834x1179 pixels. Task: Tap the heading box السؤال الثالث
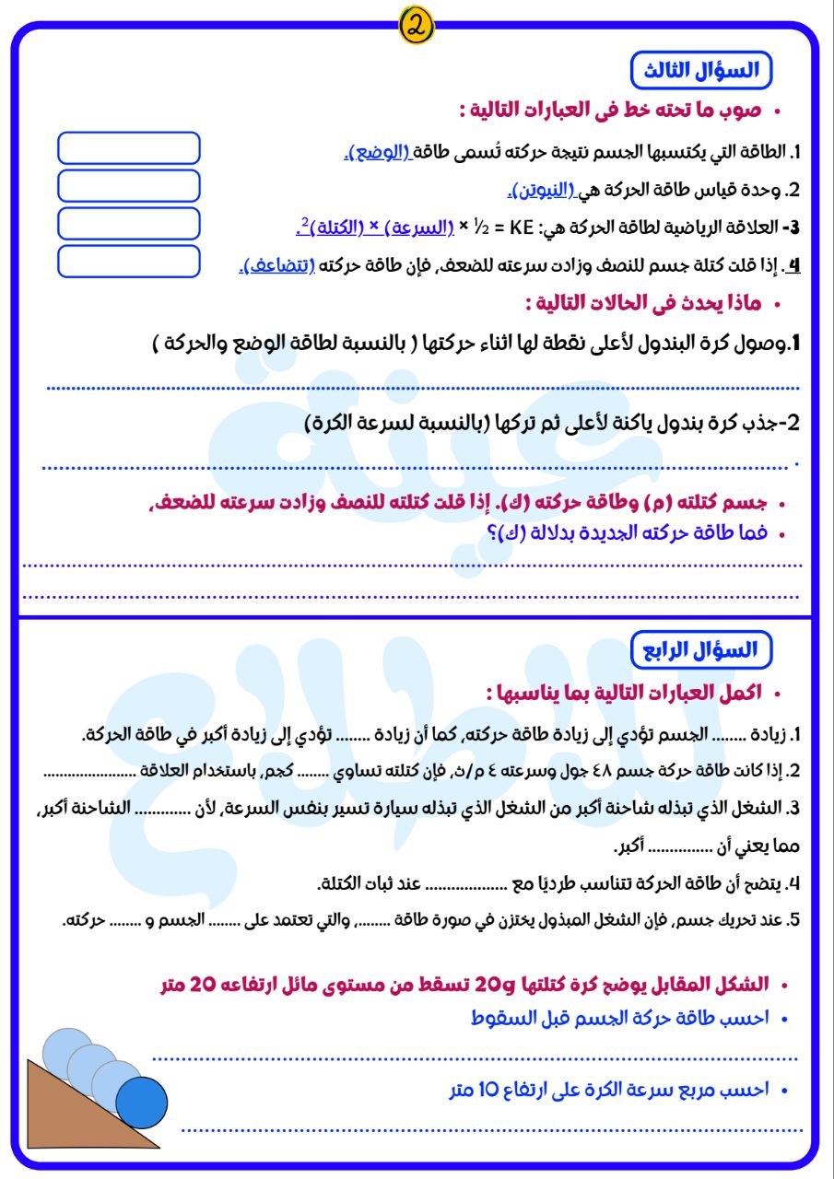pyautogui.click(x=700, y=71)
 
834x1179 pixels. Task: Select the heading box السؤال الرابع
pyautogui.click(x=700, y=648)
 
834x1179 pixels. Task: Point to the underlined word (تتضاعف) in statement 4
pyautogui.click(x=278, y=266)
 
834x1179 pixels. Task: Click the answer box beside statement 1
pyautogui.click(x=129, y=148)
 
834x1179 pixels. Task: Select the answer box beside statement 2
pyautogui.click(x=129, y=186)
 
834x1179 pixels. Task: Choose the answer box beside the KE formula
pyautogui.click(x=129, y=224)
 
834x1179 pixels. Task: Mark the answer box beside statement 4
pyautogui.click(x=129, y=262)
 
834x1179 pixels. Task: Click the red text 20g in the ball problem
pyautogui.click(x=488, y=985)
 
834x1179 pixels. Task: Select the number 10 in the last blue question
pyautogui.click(x=487, y=1090)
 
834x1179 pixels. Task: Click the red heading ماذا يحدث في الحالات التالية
pyautogui.click(x=645, y=302)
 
